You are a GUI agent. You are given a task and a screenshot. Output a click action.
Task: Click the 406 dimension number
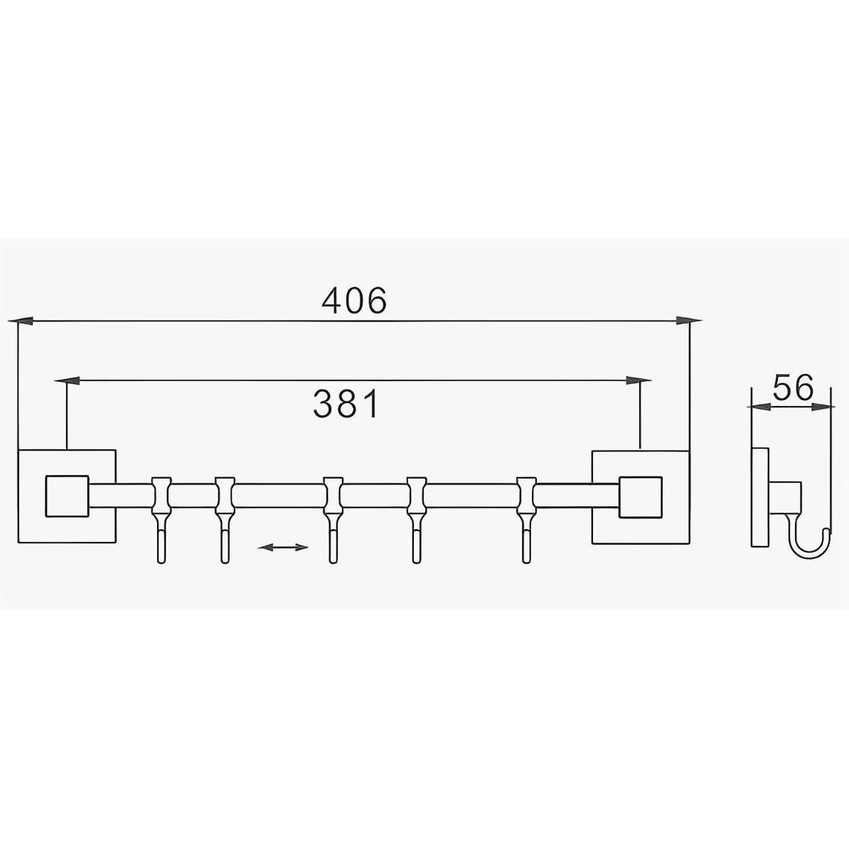coord(355,301)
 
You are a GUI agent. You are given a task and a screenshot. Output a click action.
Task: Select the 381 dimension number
coord(346,404)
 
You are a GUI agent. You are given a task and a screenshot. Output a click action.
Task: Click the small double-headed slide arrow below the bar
coord(282,548)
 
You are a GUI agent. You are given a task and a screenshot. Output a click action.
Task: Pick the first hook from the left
coord(161,520)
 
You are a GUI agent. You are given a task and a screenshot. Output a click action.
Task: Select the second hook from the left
coord(225,520)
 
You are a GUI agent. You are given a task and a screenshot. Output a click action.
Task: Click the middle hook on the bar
coord(333,520)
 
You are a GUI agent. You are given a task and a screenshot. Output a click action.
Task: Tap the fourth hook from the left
coord(417,520)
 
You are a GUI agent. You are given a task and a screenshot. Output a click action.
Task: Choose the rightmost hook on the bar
coord(526,520)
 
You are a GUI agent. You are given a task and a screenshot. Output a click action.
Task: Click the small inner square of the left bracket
coord(67,496)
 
